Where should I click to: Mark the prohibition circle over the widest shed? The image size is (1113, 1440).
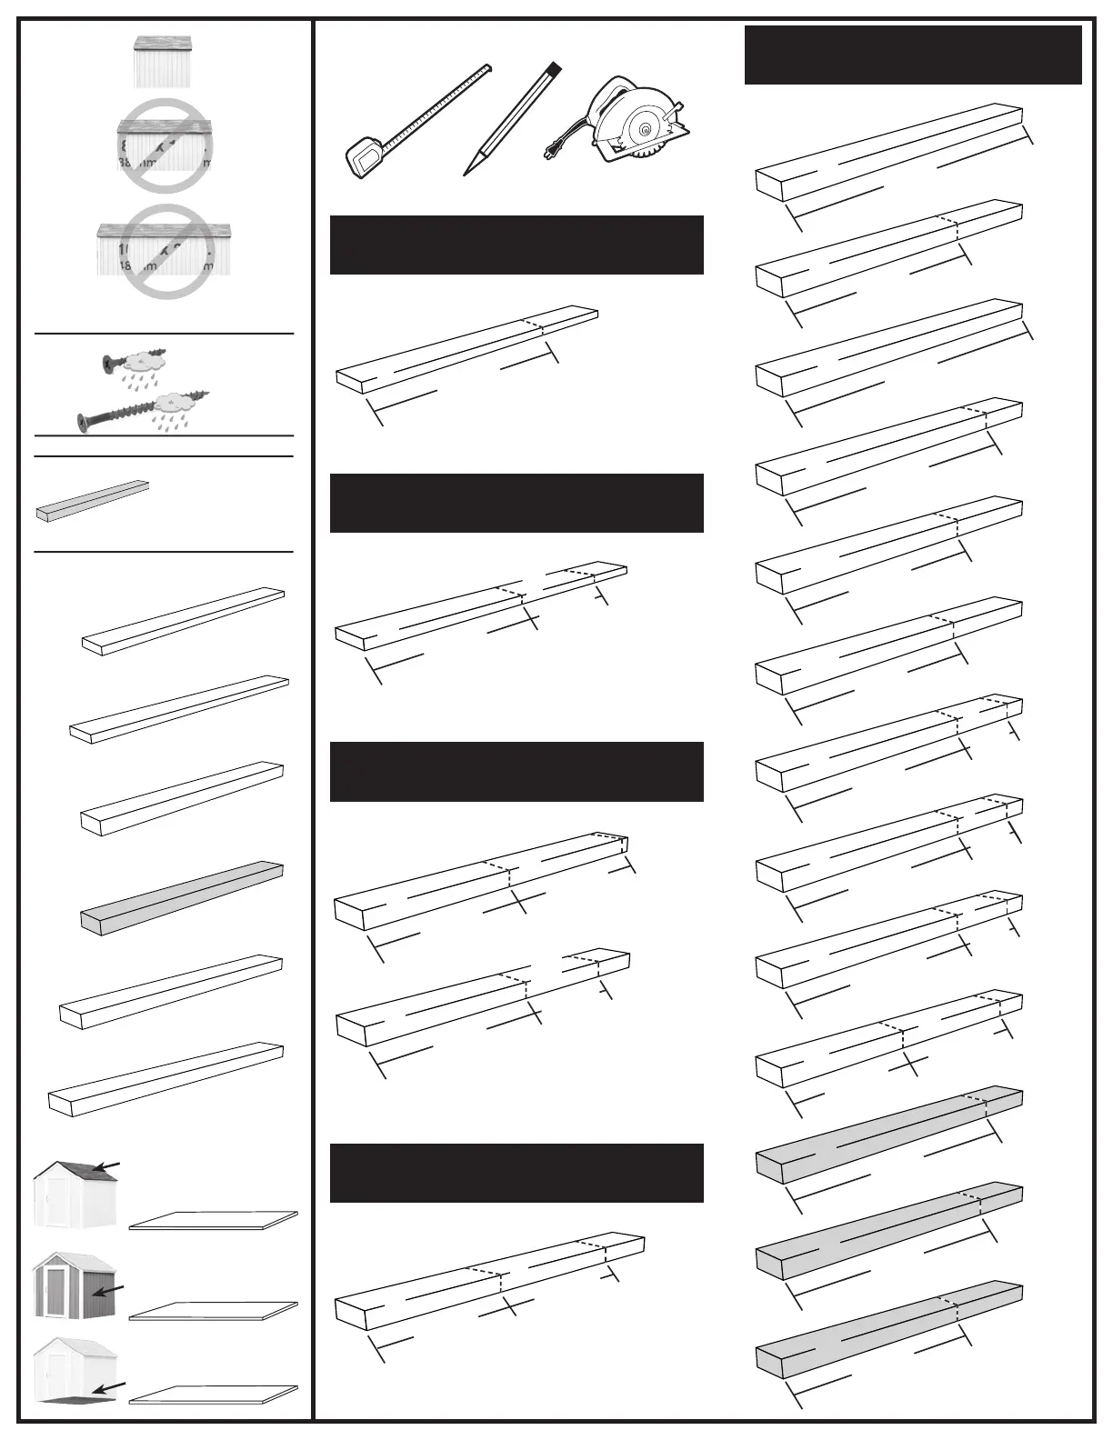point(165,249)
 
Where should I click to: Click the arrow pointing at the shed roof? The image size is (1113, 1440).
point(106,1166)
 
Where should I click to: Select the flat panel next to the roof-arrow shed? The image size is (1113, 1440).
point(214,1221)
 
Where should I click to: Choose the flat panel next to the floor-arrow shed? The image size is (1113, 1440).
point(214,1395)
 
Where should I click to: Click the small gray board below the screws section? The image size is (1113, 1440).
point(91,501)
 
